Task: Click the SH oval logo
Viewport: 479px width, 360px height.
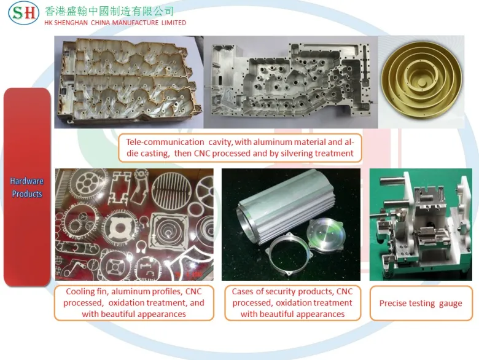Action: click(x=23, y=13)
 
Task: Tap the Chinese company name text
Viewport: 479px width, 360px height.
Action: click(x=109, y=11)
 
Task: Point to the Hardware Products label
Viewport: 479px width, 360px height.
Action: click(x=27, y=187)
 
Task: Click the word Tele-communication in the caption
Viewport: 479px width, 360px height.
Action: click(x=165, y=142)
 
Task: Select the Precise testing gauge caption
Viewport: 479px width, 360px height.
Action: click(x=421, y=303)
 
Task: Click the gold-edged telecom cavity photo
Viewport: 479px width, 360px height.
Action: click(x=128, y=82)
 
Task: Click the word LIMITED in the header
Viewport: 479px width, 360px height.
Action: click(x=174, y=23)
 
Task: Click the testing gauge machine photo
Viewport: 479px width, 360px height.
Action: click(x=421, y=225)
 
